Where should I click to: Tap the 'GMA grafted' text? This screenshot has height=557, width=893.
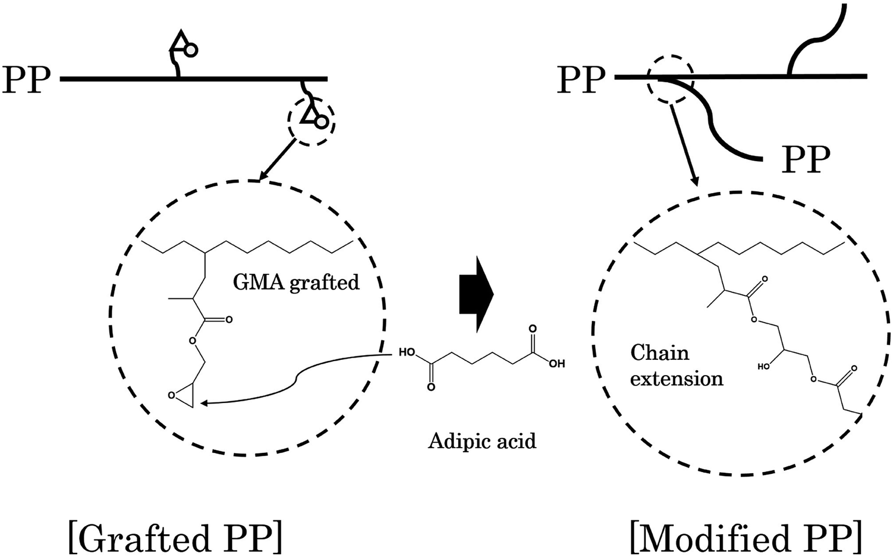pyautogui.click(x=296, y=282)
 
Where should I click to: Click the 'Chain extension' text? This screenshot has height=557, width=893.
pyautogui.click(x=676, y=366)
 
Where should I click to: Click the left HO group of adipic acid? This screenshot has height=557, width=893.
pyautogui.click(x=407, y=352)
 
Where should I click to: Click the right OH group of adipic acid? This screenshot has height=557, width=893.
pyautogui.click(x=556, y=365)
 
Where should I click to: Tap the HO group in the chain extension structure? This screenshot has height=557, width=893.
pyautogui.click(x=764, y=367)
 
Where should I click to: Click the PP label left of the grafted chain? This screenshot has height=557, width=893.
pyautogui.click(x=27, y=80)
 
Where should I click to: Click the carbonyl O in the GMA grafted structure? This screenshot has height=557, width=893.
pyautogui.click(x=228, y=319)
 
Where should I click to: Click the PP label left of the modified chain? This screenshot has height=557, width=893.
pyautogui.click(x=581, y=80)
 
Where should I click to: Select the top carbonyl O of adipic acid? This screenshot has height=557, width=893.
pyautogui.click(x=533, y=329)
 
